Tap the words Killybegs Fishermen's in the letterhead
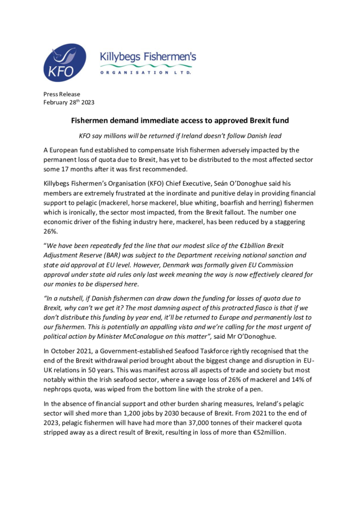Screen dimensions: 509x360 coord(148,58)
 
